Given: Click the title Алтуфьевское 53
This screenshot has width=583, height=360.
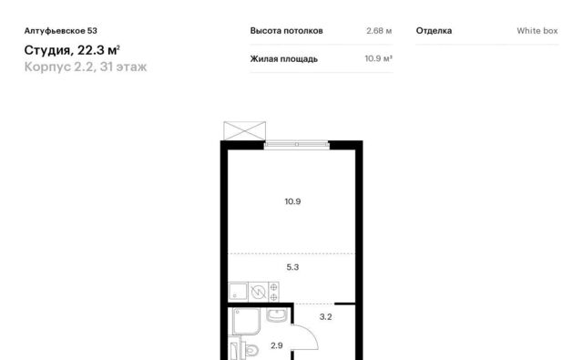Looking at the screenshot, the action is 61,31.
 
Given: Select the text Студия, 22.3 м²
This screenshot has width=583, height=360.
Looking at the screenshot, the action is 72,50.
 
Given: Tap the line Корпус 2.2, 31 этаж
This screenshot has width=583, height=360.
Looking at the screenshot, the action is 86,67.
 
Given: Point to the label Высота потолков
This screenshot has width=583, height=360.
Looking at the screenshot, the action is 286,31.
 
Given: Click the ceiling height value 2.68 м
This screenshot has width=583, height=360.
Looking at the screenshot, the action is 379,31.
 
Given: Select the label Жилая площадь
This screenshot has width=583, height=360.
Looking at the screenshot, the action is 283,59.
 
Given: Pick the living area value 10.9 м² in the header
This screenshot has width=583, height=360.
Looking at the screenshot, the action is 379,58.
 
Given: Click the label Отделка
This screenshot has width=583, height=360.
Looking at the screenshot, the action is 434,31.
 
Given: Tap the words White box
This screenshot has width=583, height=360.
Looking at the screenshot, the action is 537,31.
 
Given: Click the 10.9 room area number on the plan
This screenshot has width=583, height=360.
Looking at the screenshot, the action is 292,201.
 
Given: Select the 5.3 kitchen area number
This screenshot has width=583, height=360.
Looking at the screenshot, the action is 292,267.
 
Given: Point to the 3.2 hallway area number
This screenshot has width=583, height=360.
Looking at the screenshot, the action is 326,317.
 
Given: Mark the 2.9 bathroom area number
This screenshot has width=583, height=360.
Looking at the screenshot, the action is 277,345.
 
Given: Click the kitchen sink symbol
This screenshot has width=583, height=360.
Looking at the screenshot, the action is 238,292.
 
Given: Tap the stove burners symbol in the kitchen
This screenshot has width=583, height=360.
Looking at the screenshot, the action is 273,292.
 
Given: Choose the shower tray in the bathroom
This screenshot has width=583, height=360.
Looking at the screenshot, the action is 246,322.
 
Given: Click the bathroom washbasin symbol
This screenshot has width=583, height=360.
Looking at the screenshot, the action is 277,315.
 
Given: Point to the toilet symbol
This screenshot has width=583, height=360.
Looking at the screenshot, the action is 251,350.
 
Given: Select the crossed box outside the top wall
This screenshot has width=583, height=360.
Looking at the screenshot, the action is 245,131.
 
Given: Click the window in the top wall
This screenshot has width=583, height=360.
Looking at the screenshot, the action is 297,144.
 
